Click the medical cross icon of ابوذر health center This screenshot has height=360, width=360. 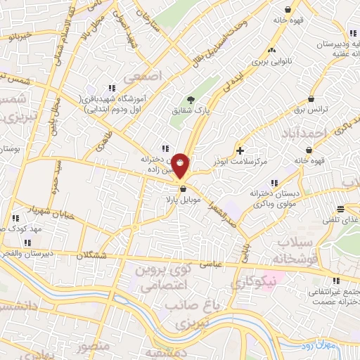coord(240,150)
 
